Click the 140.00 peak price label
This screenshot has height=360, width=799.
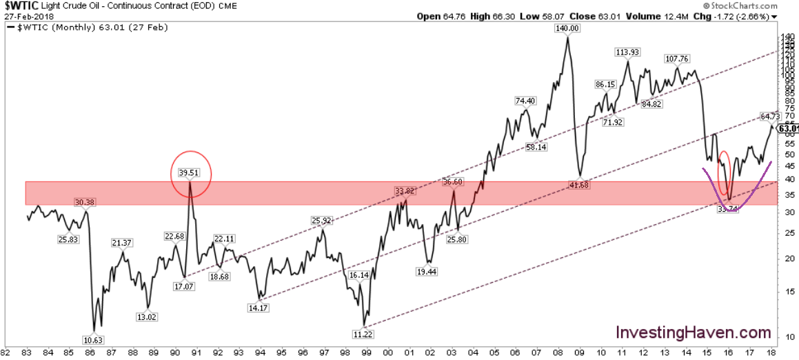coord(568,28)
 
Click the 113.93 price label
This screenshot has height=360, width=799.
coord(627,52)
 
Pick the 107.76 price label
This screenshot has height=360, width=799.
coord(677,59)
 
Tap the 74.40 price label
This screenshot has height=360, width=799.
coord(525,101)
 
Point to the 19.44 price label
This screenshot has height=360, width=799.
coord(428,272)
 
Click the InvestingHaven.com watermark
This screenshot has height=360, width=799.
coord(694,332)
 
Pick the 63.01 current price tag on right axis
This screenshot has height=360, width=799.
coord(787,128)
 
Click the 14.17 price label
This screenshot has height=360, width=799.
coord(258,308)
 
